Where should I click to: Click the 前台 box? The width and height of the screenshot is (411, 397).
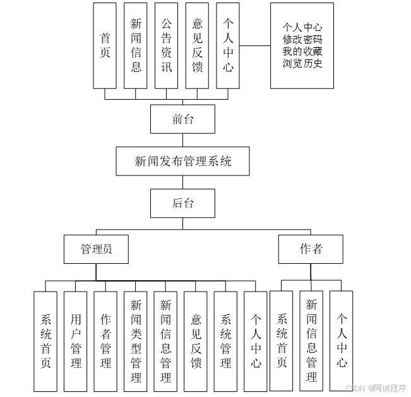(x=182, y=119)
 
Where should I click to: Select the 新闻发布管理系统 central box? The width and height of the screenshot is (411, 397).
(x=182, y=161)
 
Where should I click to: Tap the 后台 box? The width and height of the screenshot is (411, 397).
(x=182, y=203)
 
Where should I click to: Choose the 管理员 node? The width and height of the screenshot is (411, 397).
(x=96, y=249)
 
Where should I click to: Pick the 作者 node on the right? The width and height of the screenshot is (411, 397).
(x=311, y=249)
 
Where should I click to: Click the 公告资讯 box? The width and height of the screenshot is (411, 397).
(x=166, y=45)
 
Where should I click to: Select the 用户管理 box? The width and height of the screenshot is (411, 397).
(x=75, y=341)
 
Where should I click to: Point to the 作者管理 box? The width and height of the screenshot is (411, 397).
(x=105, y=341)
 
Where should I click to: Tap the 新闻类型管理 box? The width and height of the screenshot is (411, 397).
(x=136, y=341)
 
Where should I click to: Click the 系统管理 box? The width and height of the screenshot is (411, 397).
(x=225, y=341)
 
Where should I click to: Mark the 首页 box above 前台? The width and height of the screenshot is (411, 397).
(x=105, y=45)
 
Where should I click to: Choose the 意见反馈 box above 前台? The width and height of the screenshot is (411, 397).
(x=197, y=45)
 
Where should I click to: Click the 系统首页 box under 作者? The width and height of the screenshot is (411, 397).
(x=281, y=341)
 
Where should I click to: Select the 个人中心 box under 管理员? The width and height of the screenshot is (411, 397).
(x=256, y=341)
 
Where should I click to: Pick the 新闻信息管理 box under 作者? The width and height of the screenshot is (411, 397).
(x=311, y=341)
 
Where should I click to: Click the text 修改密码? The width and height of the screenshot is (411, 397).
(x=302, y=39)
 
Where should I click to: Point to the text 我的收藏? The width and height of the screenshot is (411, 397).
(x=302, y=51)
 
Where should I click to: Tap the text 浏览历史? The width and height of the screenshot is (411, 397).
(x=302, y=63)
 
